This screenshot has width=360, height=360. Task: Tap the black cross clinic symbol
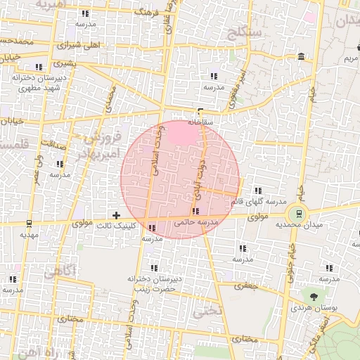tap(117, 214)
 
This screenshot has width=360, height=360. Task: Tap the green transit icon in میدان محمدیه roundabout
tap(300, 214)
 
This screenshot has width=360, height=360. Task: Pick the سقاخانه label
tap(200, 120)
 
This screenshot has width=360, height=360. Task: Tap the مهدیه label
tap(28, 235)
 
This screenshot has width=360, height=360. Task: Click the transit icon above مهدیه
tap(28, 224)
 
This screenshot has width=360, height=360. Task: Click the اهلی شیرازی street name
tap(82, 44)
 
